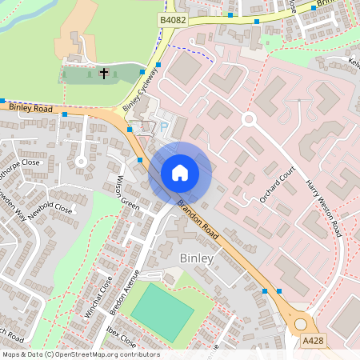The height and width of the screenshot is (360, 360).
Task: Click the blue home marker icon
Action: point(180,173)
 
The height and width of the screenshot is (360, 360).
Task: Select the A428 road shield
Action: point(314,341)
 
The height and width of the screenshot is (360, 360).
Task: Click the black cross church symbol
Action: point(103,74)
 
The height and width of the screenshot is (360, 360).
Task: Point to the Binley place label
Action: point(197,258)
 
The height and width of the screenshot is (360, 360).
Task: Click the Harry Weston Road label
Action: point(323,208)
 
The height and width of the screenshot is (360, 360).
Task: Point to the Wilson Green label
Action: point(128,192)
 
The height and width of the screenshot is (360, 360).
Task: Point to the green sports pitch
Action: point(162,312)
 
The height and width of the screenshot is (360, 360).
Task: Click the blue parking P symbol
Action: point(165,126)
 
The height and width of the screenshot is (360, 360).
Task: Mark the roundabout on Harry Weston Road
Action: point(249,119)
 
